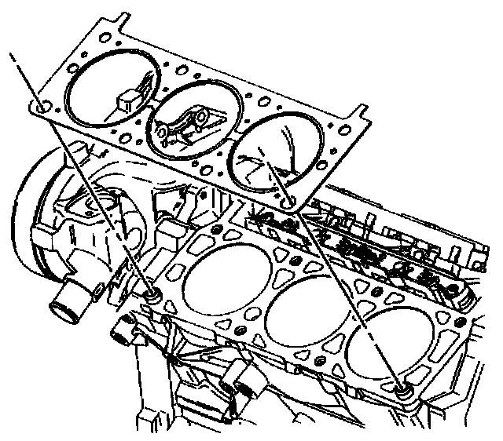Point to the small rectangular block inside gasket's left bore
click(127, 100)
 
